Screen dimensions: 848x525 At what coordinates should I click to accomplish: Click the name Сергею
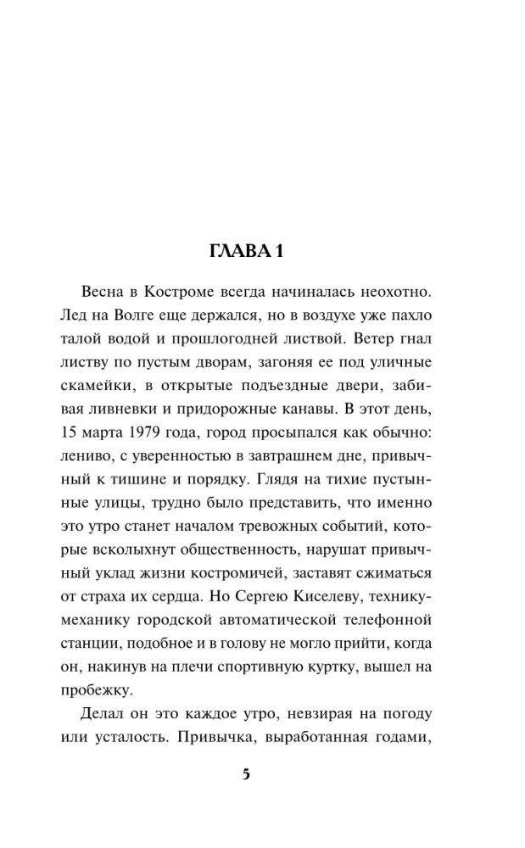pyautogui.click(x=271, y=579)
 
